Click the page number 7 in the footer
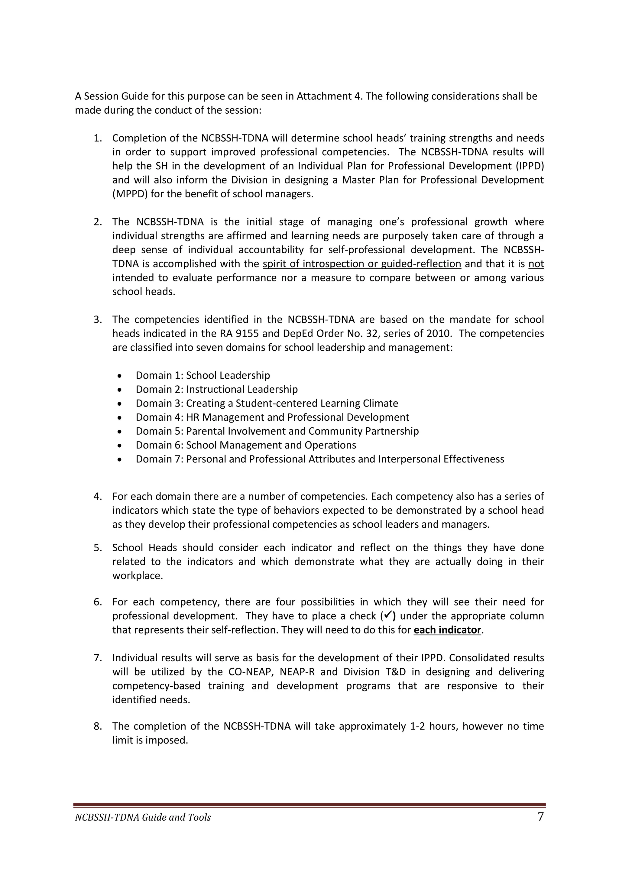click(x=540, y=817)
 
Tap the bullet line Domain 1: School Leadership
click(x=203, y=375)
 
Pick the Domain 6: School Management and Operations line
click(x=246, y=445)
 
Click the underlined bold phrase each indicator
click(x=447, y=630)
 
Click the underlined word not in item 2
click(x=536, y=264)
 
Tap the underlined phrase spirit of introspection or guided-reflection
click(x=362, y=264)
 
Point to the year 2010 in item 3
click(x=441, y=333)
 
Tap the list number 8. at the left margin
click(x=98, y=726)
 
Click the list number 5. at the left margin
click(x=98, y=548)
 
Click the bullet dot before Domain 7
click(x=120, y=460)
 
